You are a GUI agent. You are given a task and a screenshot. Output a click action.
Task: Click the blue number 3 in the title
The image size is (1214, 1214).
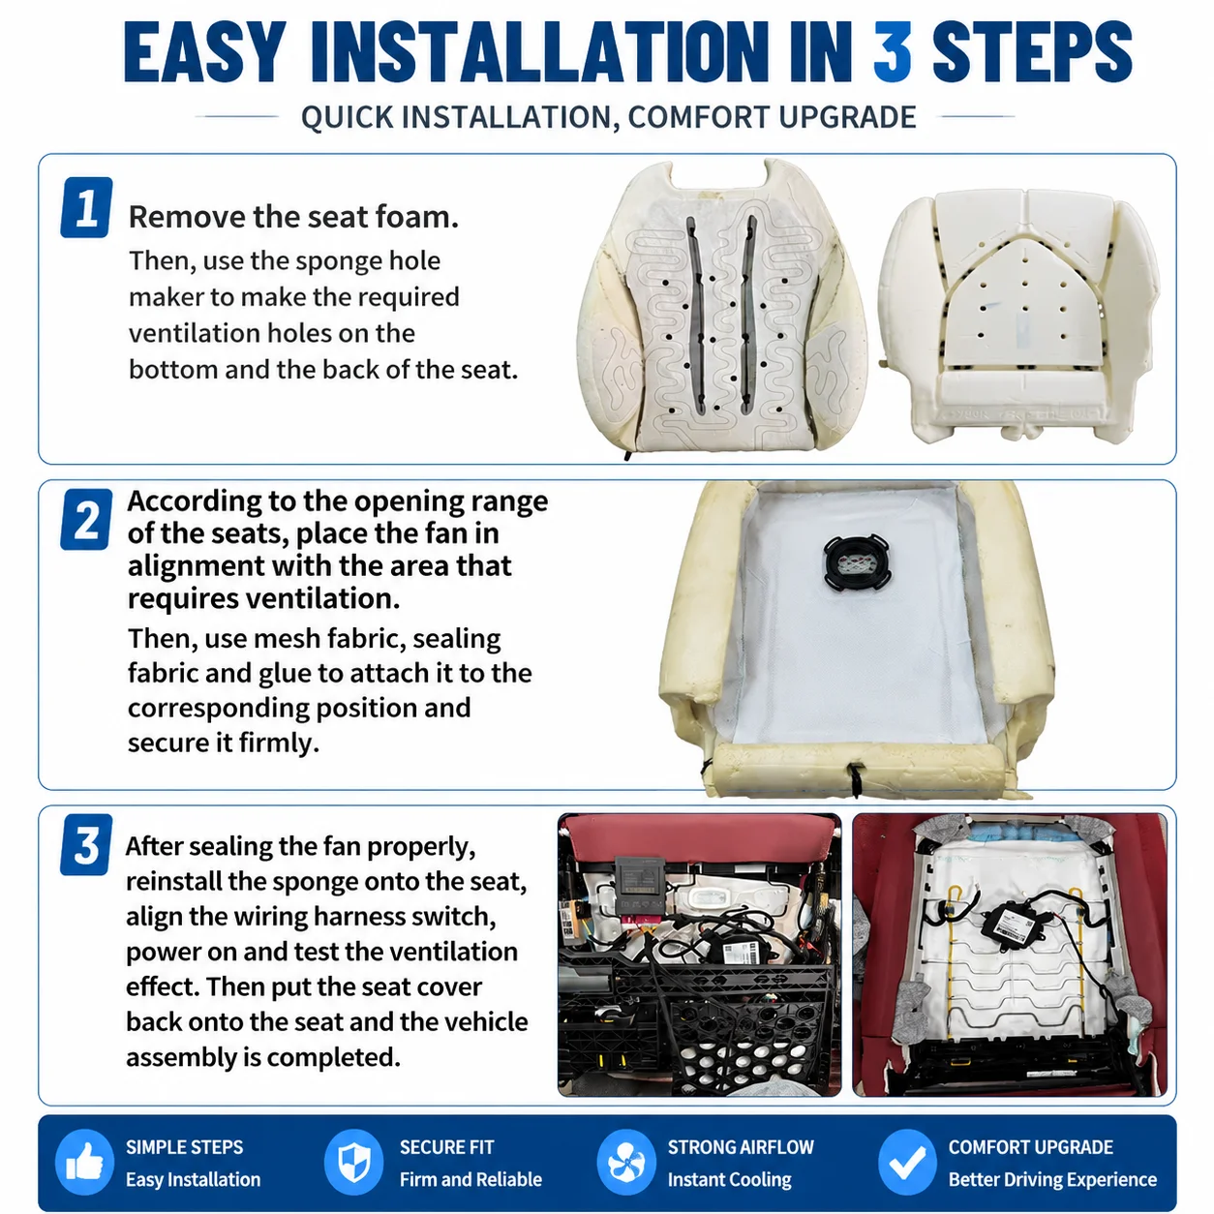click(x=892, y=51)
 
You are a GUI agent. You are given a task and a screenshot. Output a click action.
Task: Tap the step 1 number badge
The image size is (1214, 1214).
click(x=86, y=207)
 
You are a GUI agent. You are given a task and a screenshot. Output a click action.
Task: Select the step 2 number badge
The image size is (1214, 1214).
click(x=86, y=519)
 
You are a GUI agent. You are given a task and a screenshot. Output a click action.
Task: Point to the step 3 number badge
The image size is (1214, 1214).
click(x=86, y=844)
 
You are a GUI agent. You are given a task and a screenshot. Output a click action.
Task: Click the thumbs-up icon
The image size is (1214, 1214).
click(x=84, y=1162)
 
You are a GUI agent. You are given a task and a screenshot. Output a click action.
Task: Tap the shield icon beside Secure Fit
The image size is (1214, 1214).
click(x=353, y=1162)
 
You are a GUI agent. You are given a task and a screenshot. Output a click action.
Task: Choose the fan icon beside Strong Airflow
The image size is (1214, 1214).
click(x=626, y=1162)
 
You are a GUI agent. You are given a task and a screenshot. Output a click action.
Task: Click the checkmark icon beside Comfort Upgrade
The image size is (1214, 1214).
click(x=906, y=1162)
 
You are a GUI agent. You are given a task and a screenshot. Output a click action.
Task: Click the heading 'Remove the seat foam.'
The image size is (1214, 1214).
click(x=293, y=217)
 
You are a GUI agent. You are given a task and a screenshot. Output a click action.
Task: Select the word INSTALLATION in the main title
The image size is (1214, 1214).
click(x=547, y=51)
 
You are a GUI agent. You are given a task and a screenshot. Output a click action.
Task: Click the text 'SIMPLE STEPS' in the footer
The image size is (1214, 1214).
click(x=185, y=1146)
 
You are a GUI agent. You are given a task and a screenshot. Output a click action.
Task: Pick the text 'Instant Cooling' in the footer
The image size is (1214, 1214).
click(x=730, y=1179)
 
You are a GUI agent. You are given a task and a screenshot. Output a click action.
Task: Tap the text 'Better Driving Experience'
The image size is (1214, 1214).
click(x=1052, y=1179)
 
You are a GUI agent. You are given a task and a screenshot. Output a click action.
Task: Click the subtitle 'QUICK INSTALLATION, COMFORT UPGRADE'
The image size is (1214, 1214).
click(x=609, y=117)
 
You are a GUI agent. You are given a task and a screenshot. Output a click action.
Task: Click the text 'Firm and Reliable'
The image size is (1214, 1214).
click(x=470, y=1179)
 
